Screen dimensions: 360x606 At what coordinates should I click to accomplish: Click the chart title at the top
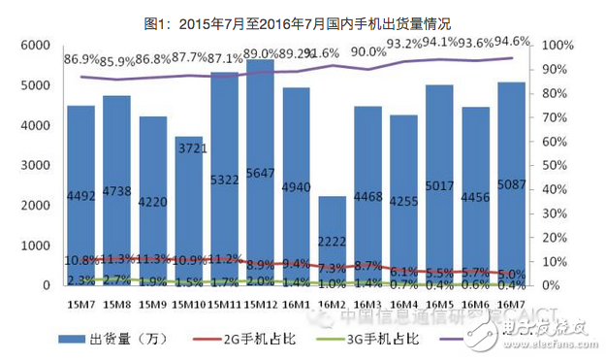pyautogui.click(x=303, y=14)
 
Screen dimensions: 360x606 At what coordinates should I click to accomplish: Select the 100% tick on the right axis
pyautogui.click(x=559, y=46)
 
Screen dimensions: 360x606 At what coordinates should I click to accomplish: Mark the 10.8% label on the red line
pyautogui.click(x=81, y=260)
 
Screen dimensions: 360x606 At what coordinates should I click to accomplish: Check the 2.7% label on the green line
pyautogui.click(x=117, y=279)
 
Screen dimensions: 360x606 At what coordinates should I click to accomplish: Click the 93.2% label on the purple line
pyautogui.click(x=404, y=44)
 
